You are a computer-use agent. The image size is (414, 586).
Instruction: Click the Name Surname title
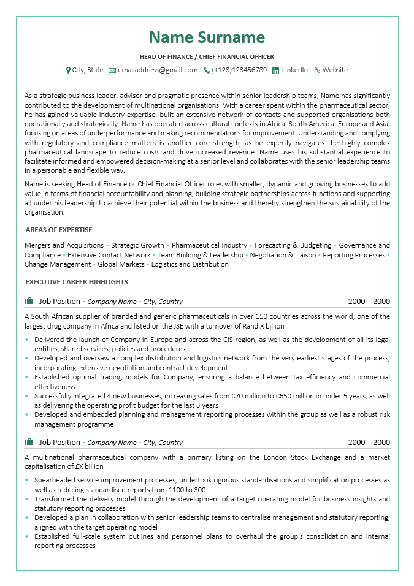pos(207,37)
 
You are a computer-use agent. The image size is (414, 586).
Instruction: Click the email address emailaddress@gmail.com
pos(158,70)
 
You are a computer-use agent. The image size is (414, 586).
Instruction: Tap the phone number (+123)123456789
pos(239,70)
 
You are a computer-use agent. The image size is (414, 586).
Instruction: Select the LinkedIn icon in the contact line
pos(275,70)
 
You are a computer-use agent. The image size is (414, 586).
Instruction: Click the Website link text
pos(335,70)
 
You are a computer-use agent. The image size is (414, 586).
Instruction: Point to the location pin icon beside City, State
pos(68,70)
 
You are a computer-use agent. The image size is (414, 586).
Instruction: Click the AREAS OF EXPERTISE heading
pos(59,230)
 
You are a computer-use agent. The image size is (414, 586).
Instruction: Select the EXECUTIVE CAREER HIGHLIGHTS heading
pos(77,282)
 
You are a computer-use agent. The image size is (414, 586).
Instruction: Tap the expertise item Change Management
pos(57,264)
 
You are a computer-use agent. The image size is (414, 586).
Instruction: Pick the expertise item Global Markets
pos(121,264)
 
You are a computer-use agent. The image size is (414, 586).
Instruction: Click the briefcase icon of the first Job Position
pos(29,301)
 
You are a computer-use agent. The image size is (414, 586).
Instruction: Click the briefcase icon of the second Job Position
pos(29,442)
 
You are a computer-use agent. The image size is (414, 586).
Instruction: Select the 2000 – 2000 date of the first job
pos(369,302)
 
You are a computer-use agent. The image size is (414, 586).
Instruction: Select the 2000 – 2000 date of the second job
pos(369,443)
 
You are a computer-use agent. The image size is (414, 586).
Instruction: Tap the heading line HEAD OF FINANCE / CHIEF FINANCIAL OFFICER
pos(207,56)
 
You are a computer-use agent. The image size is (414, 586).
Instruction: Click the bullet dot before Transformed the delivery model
pos(27,500)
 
